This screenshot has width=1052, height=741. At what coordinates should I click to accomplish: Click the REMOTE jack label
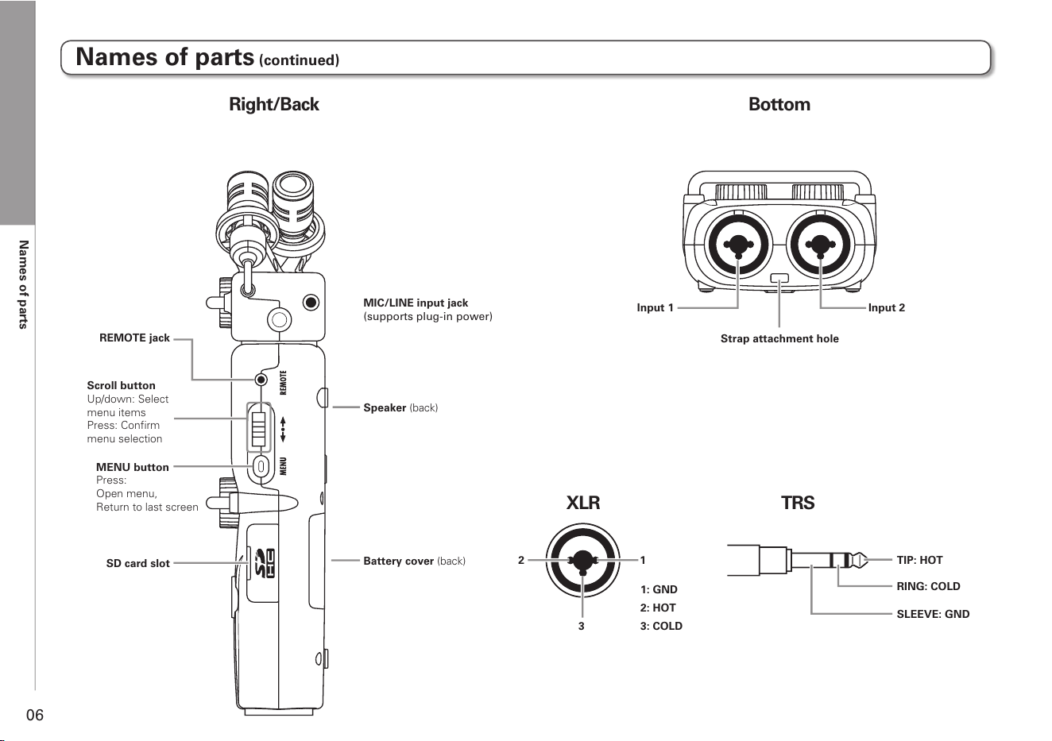tap(134, 338)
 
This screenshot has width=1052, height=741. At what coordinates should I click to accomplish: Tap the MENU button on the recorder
tap(261, 467)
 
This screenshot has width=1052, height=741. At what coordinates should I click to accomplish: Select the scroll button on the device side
tap(259, 427)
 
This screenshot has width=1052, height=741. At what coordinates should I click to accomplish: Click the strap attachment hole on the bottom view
tap(779, 278)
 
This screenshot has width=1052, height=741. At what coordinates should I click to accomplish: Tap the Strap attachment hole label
tap(779, 338)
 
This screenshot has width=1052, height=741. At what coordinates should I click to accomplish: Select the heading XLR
tap(583, 503)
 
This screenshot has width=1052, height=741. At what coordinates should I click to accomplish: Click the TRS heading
tap(798, 503)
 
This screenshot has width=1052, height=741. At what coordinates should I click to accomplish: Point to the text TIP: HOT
tap(919, 560)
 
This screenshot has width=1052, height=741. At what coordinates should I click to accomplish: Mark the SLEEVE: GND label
tap(933, 614)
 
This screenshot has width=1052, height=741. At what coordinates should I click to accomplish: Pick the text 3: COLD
tap(661, 626)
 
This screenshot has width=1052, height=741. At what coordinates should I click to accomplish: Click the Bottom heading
tap(779, 104)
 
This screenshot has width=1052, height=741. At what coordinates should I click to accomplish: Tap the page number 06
tap(35, 715)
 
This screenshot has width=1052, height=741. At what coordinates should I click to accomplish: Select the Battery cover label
tap(414, 561)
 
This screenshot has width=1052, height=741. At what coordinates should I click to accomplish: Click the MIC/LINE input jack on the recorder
tap(311, 302)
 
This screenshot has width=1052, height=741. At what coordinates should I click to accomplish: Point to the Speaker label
tap(400, 407)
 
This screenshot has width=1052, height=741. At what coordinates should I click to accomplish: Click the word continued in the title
tap(300, 60)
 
